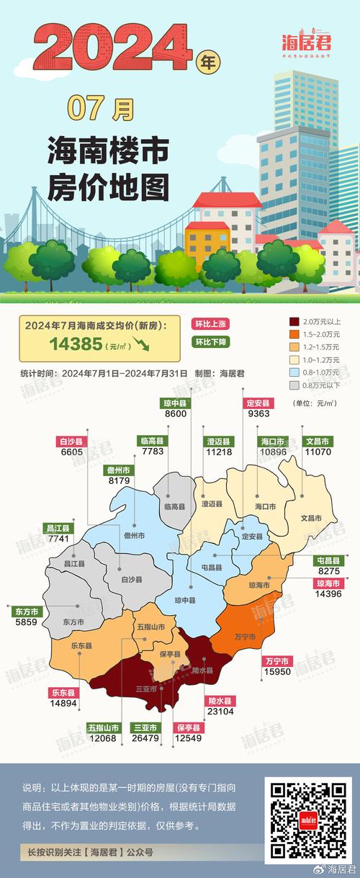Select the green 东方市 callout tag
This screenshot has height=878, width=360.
click(x=27, y=611)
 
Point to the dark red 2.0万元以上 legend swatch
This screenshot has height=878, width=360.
click(x=294, y=321)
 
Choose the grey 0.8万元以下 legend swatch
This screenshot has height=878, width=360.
click(x=294, y=386)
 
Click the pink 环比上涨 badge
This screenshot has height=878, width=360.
click(x=210, y=323)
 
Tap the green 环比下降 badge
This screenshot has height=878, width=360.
click(x=210, y=342)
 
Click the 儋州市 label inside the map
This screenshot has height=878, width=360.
click(x=135, y=536)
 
